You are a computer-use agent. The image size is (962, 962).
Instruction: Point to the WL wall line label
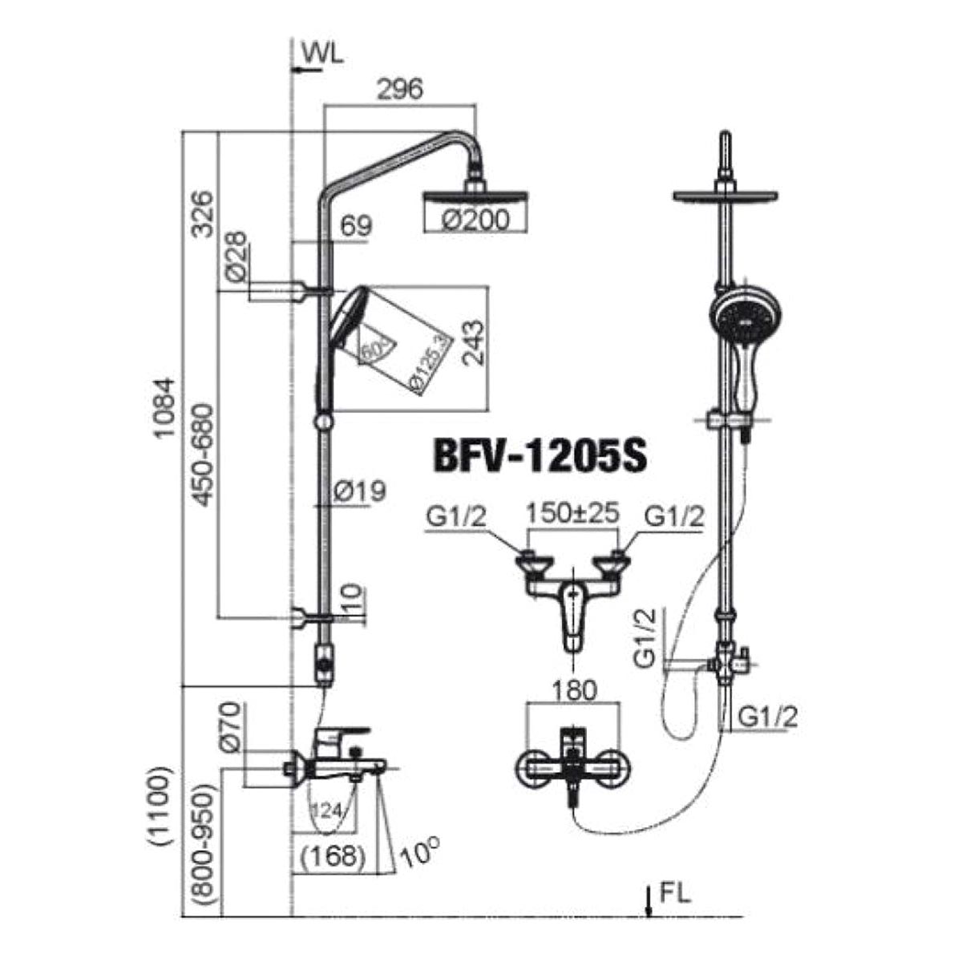tap(323, 55)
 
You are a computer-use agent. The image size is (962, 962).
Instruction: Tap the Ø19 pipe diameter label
tap(360, 491)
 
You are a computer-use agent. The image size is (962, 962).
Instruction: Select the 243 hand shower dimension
tap(473, 343)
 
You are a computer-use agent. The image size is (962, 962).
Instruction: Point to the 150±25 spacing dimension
tap(573, 513)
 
